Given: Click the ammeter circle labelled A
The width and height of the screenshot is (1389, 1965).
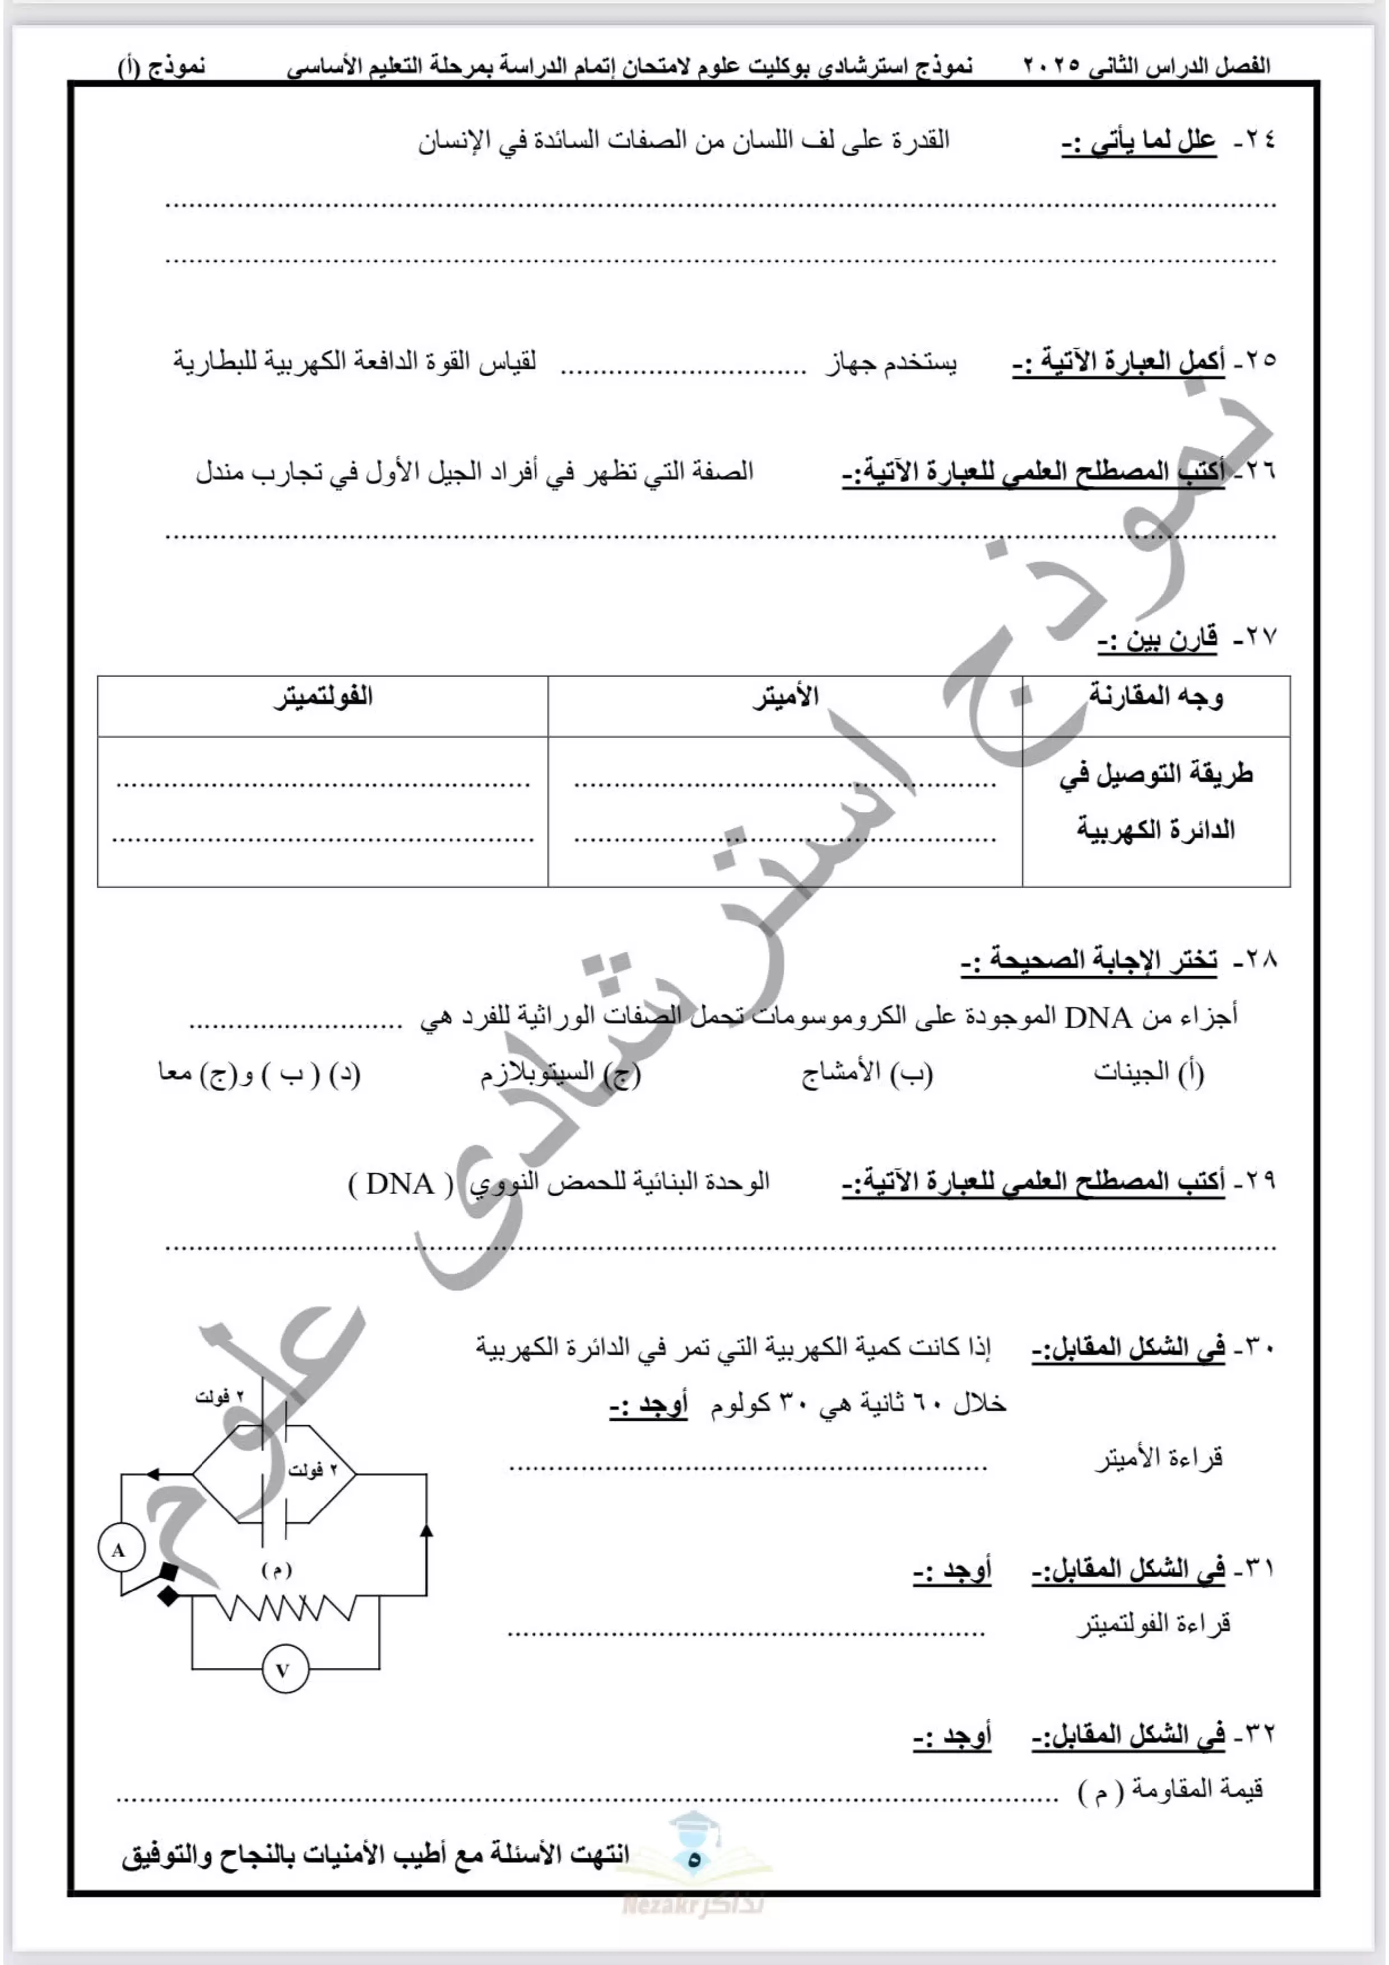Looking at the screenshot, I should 118,1550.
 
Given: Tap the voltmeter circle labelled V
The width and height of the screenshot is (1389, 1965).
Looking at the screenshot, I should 282,1669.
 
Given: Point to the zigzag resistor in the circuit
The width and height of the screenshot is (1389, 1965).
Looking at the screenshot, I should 282,1609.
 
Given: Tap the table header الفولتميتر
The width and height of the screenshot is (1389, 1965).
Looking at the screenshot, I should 323,697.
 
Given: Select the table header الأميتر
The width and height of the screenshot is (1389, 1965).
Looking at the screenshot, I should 786,697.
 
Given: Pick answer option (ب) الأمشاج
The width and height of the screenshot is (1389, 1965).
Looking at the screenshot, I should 866,1072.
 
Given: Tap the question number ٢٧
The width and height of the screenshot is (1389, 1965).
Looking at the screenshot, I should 1256,637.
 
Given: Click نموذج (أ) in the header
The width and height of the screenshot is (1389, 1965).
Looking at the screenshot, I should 162,67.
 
